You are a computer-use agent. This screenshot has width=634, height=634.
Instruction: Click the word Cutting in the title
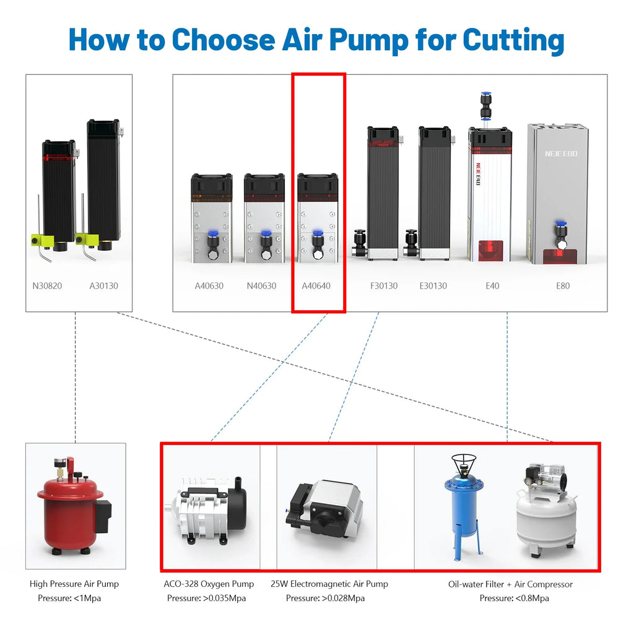pyautogui.click(x=513, y=39)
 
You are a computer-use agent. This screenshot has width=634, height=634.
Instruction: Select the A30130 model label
pyautogui.click(x=103, y=286)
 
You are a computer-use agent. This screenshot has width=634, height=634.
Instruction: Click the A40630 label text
pyautogui.click(x=209, y=286)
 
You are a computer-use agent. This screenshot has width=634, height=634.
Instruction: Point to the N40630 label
pyautogui.click(x=261, y=286)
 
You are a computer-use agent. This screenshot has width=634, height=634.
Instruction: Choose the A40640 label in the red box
pyautogui.click(x=316, y=286)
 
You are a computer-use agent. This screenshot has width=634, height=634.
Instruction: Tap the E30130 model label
pyautogui.click(x=433, y=286)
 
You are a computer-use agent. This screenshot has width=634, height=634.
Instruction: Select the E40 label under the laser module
pyautogui.click(x=492, y=286)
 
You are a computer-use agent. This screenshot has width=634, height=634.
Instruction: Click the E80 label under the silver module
pyautogui.click(x=562, y=286)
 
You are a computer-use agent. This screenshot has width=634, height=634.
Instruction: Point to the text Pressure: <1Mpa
pyautogui.click(x=69, y=598)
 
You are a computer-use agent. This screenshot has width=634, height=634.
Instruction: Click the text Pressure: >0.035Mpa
pyautogui.click(x=206, y=598)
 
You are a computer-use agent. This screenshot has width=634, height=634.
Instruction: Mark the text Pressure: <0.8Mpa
pyautogui.click(x=514, y=598)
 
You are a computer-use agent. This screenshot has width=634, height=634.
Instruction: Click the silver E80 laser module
pyautogui.click(x=557, y=192)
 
